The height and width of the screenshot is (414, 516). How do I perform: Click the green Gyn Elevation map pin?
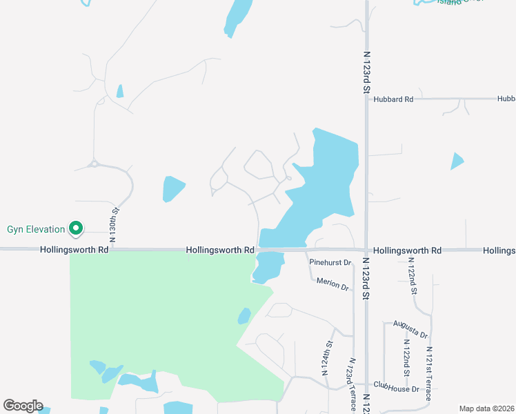[77, 228]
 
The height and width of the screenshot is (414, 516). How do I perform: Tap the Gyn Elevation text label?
[36, 229]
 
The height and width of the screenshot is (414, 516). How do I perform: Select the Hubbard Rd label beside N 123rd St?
[393, 99]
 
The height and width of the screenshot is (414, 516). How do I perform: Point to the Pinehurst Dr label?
[330, 263]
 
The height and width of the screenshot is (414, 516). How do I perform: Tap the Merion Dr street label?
[333, 283]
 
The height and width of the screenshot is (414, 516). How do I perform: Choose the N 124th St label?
[328, 357]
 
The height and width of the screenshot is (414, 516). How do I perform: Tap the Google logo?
[23, 406]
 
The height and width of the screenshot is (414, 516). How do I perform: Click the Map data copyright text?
[486, 408]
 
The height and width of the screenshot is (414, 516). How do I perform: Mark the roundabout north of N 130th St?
[93, 164]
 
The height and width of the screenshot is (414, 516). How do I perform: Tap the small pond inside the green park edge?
[244, 316]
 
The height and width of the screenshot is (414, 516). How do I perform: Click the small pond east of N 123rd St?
[457, 161]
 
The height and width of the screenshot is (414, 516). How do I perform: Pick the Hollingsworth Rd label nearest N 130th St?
[74, 250]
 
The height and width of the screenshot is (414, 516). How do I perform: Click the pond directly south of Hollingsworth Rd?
[269, 266]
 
